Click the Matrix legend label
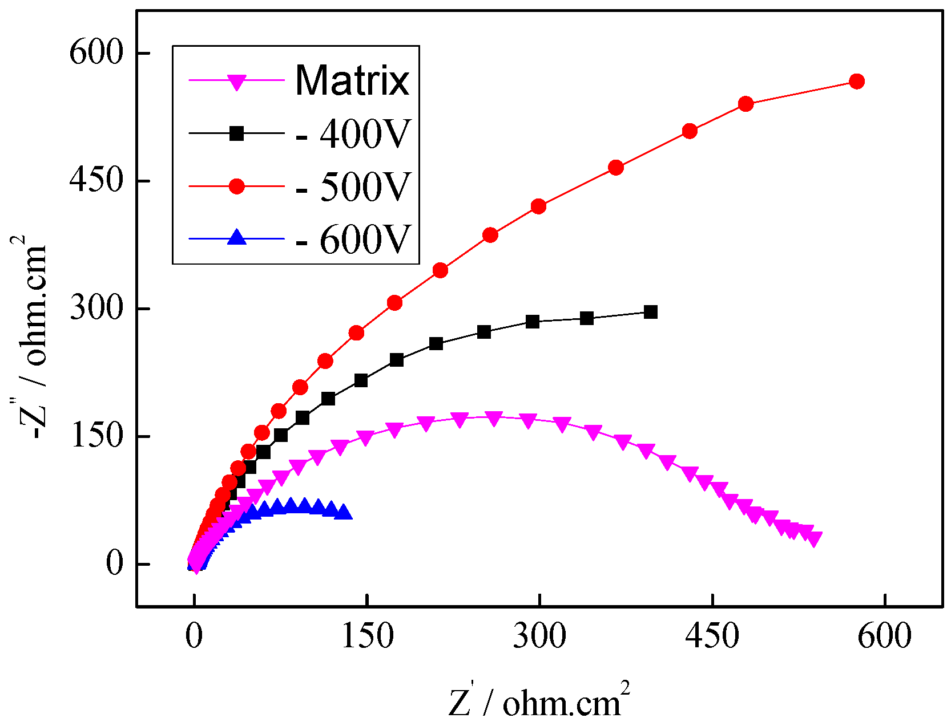click(x=352, y=80)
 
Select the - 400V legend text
click(x=353, y=134)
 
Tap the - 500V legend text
click(x=353, y=186)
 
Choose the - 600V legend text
click(x=353, y=239)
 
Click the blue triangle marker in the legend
click(x=237, y=238)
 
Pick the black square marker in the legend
click(x=237, y=133)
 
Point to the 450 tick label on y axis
click(x=96, y=180)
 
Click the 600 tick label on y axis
click(x=96, y=52)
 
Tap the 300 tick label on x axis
click(x=539, y=635)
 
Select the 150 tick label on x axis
click(x=367, y=635)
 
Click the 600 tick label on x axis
click(x=884, y=635)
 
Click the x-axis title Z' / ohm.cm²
click(x=539, y=700)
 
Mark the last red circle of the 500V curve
click(x=856, y=82)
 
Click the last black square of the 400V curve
click(x=650, y=312)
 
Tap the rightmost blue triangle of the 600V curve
click(x=344, y=512)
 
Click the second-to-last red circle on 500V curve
click(x=746, y=104)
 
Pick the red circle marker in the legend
click(x=237, y=186)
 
